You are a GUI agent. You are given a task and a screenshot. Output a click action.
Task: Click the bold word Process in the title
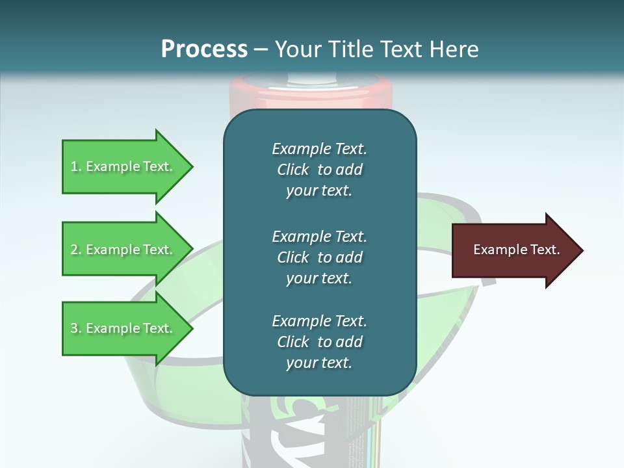tap(204, 49)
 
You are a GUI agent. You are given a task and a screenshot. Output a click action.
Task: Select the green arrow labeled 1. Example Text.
tap(123, 166)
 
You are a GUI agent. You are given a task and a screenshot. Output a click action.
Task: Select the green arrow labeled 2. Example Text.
tap(123, 250)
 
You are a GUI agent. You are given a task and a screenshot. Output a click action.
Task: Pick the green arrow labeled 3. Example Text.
tap(123, 328)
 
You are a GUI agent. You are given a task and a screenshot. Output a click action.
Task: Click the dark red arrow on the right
tap(513, 250)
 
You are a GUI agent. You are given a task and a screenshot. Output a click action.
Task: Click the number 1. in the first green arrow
tap(76, 167)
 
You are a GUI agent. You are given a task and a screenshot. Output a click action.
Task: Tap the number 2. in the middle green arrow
tap(76, 250)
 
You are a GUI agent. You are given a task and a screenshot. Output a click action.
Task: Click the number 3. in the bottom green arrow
tap(76, 329)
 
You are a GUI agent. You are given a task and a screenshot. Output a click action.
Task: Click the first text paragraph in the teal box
tap(319, 170)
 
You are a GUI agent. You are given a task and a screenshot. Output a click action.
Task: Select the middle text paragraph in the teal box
tap(319, 257)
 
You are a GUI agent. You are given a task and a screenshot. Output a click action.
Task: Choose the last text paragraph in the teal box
tap(319, 342)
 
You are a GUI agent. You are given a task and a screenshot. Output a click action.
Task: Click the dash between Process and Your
tap(261, 49)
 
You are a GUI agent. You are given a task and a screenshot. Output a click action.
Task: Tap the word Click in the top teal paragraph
tap(292, 170)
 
